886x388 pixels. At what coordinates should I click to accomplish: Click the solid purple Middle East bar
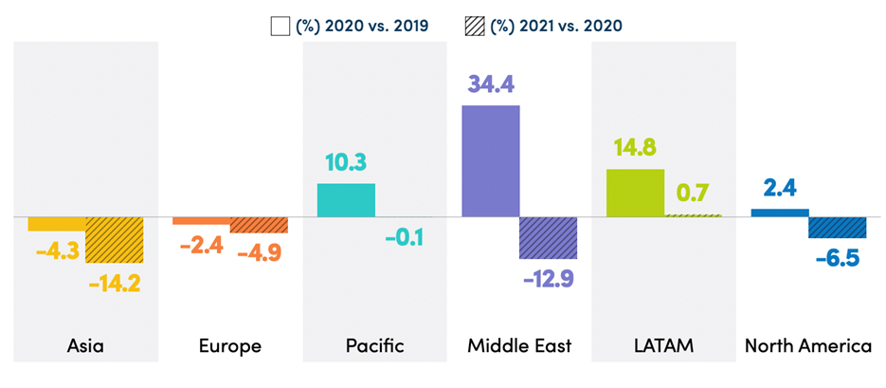[490, 160]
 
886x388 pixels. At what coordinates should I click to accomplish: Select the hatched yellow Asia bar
[115, 240]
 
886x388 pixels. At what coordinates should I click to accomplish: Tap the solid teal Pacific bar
[346, 200]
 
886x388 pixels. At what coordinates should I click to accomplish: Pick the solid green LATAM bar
[635, 193]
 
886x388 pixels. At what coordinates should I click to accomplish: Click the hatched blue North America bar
[837, 228]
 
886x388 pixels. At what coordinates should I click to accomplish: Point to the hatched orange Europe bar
[259, 225]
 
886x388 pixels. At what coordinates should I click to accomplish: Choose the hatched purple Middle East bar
[548, 238]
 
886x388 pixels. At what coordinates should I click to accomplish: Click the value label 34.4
[491, 85]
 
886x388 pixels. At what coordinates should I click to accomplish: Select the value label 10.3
[347, 163]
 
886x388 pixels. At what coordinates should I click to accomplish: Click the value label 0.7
[693, 194]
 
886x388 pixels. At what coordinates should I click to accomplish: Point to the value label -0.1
[404, 236]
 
